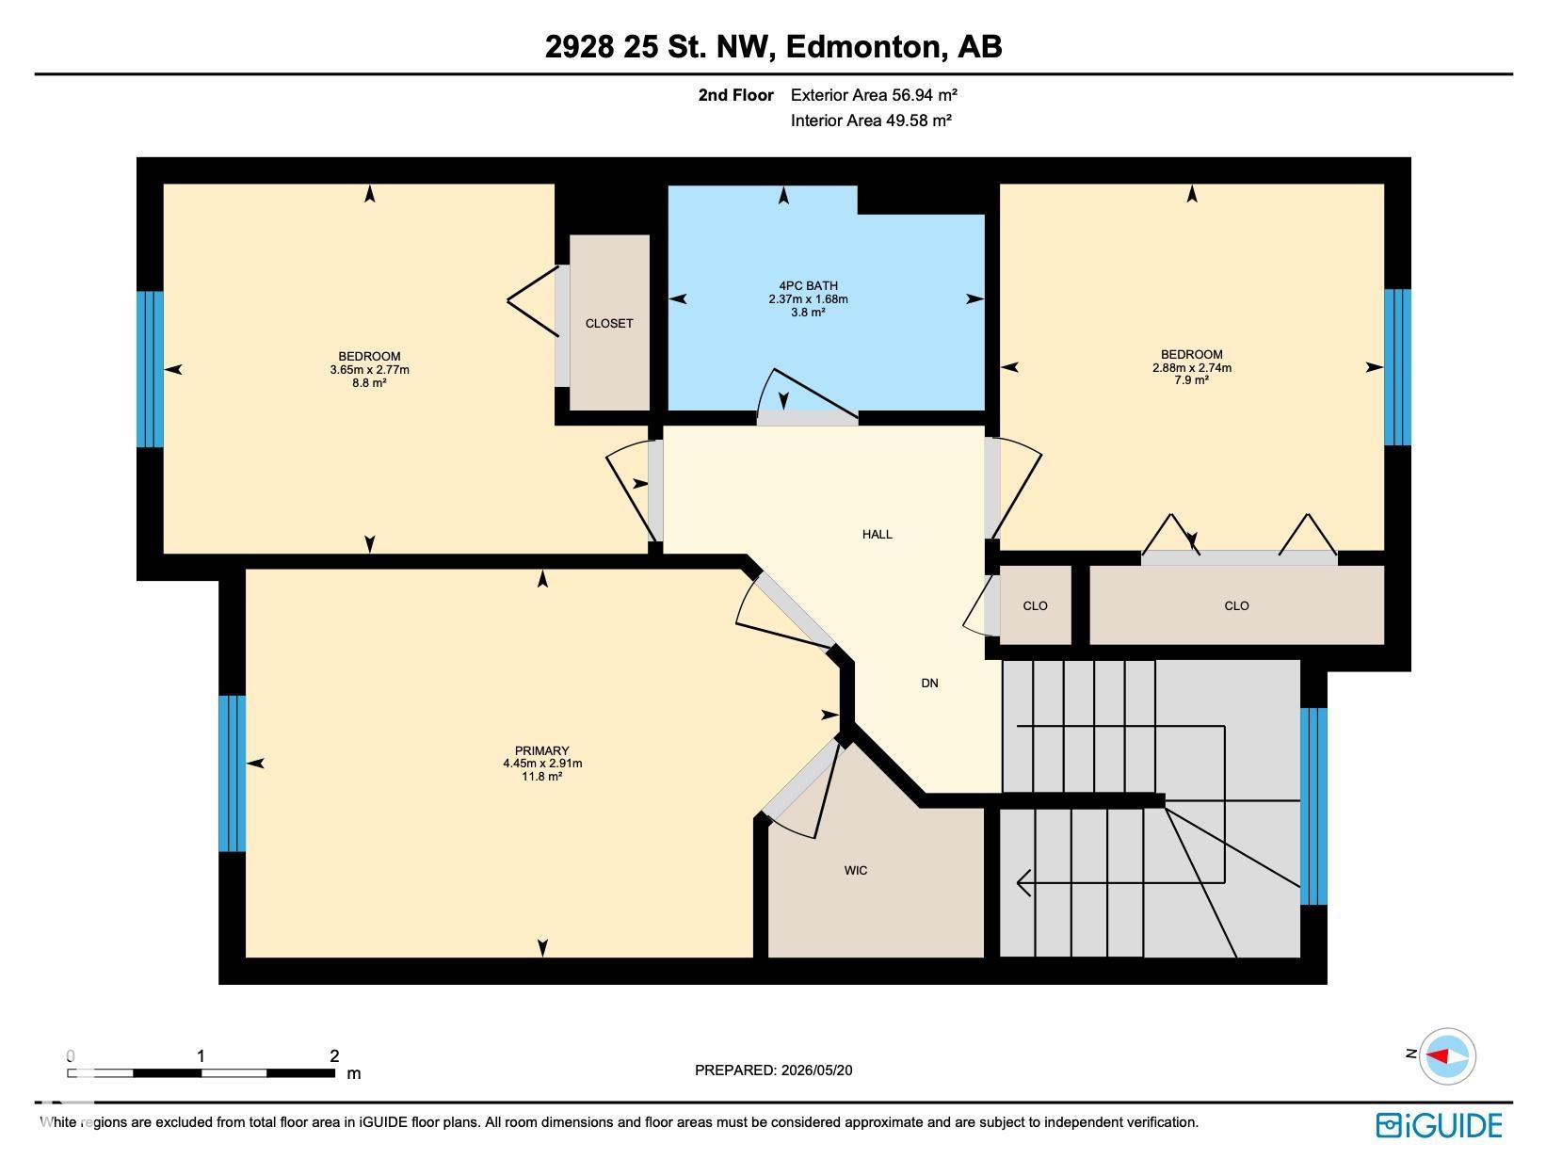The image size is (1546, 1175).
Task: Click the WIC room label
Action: point(855,871)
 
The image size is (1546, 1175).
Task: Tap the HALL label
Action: point(877,535)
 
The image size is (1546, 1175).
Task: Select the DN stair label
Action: point(929,683)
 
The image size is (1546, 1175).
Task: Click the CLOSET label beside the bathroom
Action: point(609,323)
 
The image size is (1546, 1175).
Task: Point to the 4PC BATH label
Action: point(808,285)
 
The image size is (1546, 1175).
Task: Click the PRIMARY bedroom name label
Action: point(541,750)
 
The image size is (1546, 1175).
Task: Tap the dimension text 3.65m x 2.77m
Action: point(369,370)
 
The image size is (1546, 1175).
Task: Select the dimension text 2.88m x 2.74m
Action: point(1192,367)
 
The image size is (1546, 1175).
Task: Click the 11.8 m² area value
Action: point(541,777)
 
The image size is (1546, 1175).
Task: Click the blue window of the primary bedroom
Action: point(232,774)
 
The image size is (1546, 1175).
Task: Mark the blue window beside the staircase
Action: point(1313,806)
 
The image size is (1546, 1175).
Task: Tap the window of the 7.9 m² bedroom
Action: point(1397,367)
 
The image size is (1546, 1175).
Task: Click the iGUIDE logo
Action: point(1439,1125)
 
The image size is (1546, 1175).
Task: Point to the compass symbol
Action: point(1447,1056)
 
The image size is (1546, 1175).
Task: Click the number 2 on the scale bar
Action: point(334,1056)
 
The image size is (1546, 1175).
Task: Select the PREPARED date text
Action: point(773,1070)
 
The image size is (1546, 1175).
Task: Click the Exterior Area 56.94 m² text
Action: point(874,94)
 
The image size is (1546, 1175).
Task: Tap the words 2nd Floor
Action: point(735,95)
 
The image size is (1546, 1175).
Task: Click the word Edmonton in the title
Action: point(863,46)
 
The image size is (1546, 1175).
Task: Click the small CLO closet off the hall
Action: point(1036,604)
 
